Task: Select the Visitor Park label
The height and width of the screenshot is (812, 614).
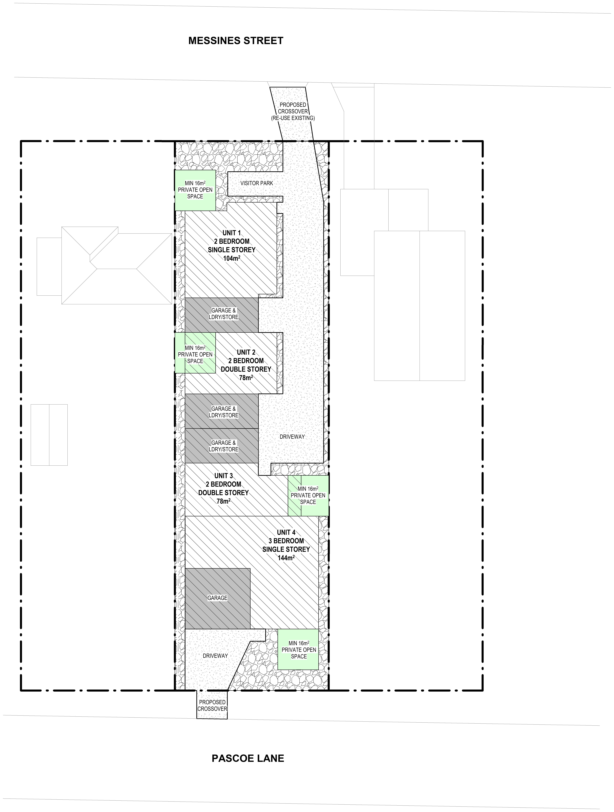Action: pos(256,183)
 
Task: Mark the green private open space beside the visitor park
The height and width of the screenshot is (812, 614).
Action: pos(195,190)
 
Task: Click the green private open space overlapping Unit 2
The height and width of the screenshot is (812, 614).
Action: pos(195,353)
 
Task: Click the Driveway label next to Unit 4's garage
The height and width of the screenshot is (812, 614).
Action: pos(215,656)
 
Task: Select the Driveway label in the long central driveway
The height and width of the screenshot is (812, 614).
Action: pos(292,437)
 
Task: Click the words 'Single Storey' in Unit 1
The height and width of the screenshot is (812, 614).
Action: pos(231,250)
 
